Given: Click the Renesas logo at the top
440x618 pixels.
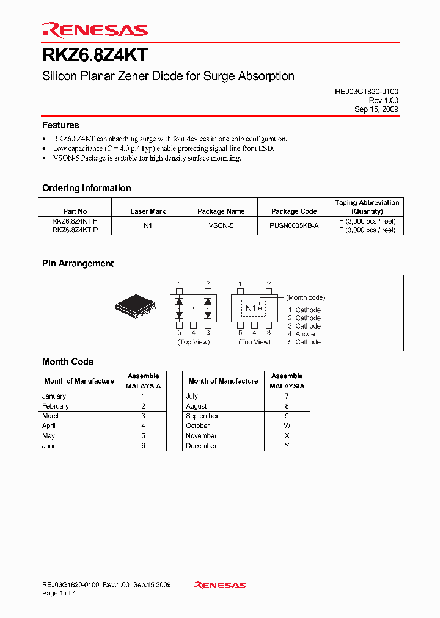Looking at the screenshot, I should click(95, 30).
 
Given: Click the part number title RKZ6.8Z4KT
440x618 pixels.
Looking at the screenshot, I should click(95, 55).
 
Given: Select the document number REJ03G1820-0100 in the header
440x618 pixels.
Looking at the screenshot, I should click(367, 91).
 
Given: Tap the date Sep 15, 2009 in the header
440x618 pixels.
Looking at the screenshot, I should click(376, 109).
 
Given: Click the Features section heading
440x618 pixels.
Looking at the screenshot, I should click(61, 125).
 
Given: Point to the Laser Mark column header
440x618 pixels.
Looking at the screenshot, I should click(148, 211).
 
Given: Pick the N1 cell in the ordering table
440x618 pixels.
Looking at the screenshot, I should click(148, 225).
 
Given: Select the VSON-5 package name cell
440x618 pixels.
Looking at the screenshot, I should click(221, 225).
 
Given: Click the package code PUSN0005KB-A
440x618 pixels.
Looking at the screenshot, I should click(294, 225).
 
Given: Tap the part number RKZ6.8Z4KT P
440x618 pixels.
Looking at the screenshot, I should click(75, 230).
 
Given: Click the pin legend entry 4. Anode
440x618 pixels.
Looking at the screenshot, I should click(301, 334).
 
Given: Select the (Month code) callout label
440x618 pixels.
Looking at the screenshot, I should click(306, 297).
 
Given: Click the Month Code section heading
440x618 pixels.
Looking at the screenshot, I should click(68, 362).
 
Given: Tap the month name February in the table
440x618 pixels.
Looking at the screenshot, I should click(56, 406).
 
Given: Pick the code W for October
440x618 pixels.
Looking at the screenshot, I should click(287, 426).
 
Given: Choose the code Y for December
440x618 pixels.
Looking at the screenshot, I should click(287, 446).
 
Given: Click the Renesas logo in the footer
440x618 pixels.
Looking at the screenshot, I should click(219, 585).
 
